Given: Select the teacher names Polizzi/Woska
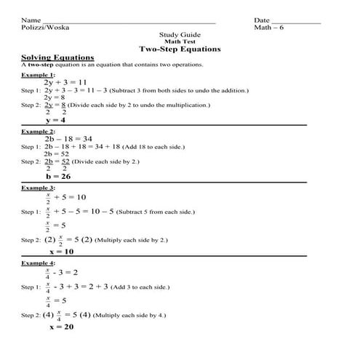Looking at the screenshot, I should [44, 28].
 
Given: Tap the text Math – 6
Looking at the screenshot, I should [268, 28].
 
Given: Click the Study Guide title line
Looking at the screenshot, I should [178, 35].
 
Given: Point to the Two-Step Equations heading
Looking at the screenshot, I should [178, 49].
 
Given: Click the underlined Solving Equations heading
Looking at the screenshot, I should [57, 57].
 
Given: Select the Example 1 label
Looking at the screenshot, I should [37, 74].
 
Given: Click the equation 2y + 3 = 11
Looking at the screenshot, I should [65, 82].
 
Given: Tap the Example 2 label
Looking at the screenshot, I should [37, 131].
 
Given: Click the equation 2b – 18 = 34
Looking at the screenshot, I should [68, 138].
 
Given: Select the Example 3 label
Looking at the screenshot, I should [37, 188].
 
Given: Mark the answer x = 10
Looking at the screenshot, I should [61, 251].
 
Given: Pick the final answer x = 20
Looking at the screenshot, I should [61, 327].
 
